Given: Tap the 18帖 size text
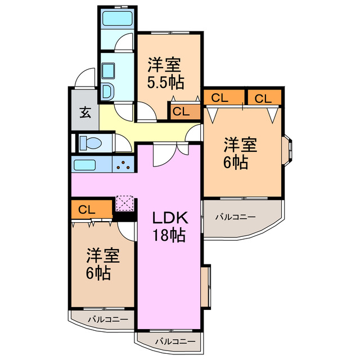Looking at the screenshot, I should tap(167, 236).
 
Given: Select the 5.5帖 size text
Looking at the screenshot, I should tap(165, 83).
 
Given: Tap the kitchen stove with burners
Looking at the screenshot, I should tap(124, 165).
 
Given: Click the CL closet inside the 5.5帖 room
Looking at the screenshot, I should tap(181, 111).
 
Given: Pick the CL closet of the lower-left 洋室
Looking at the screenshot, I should tap(87, 210).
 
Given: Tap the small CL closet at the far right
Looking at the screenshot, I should tap(263, 98).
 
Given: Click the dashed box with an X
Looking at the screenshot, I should tap(124, 203).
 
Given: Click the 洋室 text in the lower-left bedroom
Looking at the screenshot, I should tap(102, 256).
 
